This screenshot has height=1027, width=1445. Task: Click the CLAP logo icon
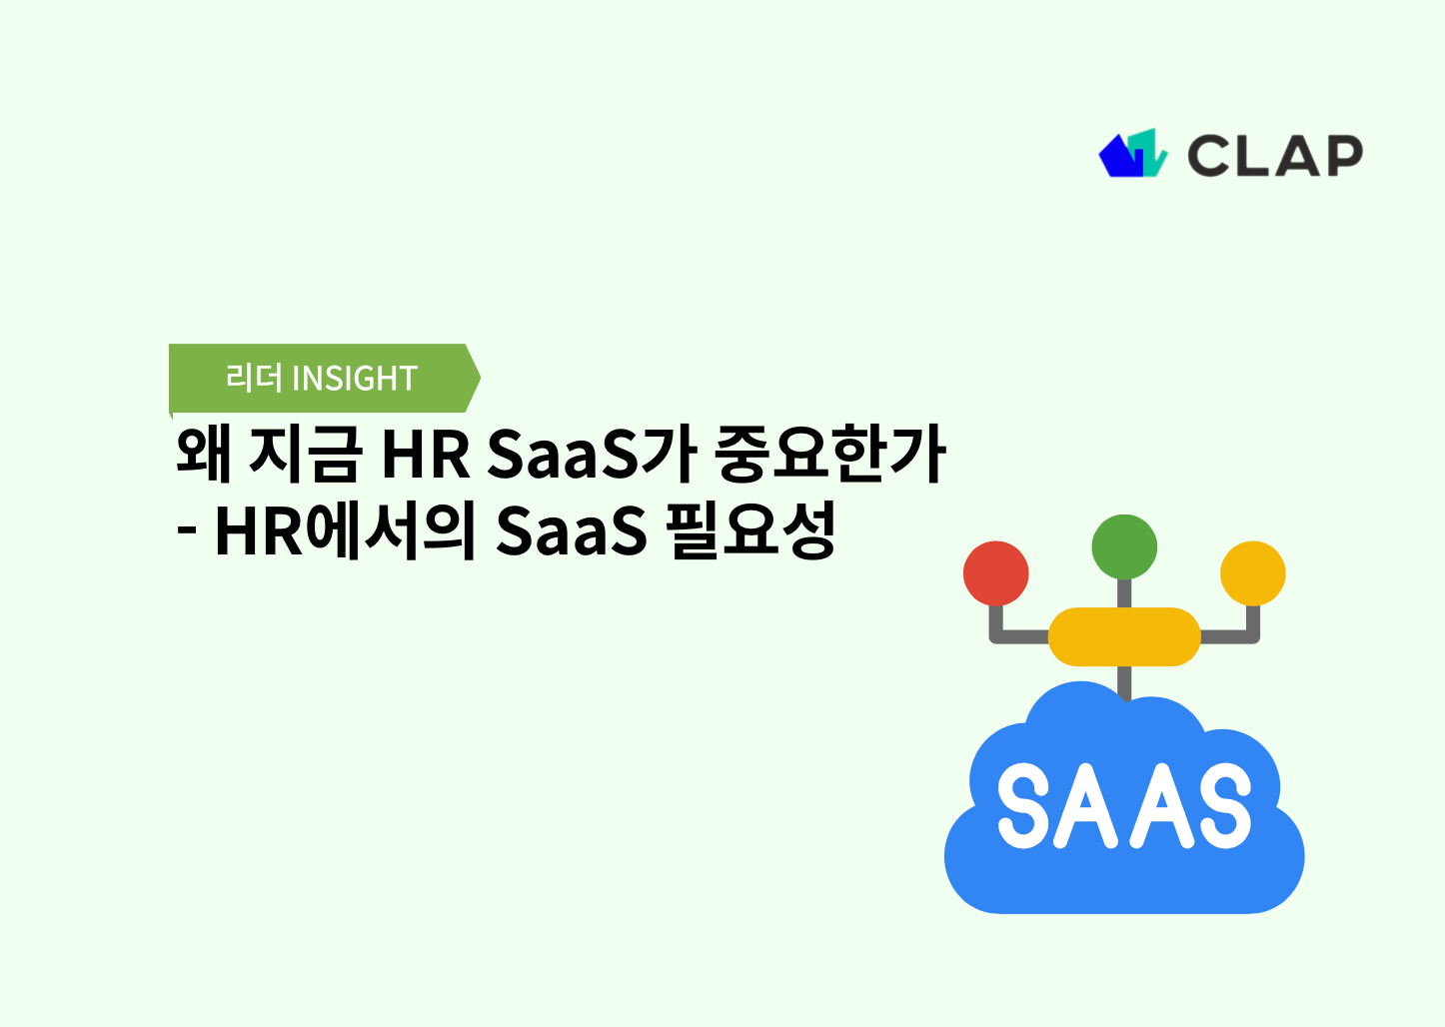[1133, 155]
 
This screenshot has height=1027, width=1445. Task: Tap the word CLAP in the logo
[1274, 157]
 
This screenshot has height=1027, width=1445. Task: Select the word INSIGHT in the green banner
[354, 379]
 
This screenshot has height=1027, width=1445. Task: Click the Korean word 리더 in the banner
[254, 379]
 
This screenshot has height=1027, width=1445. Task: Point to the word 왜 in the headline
[205, 455]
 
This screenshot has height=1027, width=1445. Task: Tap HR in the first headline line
[426, 455]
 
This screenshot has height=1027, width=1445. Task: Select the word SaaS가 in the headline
[591, 455]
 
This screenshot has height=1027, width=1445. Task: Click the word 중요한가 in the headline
[830, 455]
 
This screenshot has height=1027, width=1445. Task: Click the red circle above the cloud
[995, 573]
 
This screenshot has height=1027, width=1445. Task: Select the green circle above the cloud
[1124, 546]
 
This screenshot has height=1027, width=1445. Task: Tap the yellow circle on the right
[1252, 573]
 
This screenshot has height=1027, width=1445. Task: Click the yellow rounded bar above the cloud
[1124, 636]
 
